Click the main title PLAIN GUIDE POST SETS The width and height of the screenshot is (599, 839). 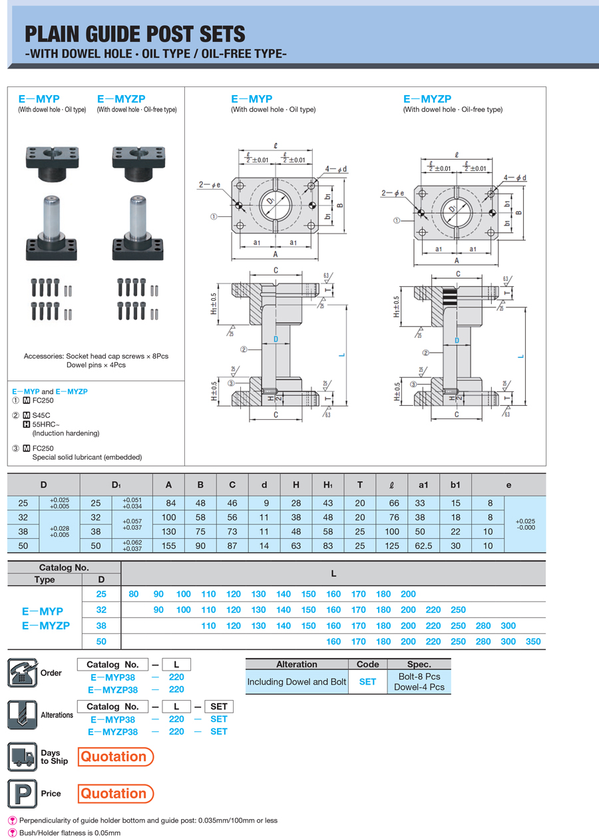[x=134, y=35]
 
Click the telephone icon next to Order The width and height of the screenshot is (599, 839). [x=22, y=672]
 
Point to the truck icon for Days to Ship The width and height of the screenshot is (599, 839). [x=22, y=756]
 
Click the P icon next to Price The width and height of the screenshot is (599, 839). [x=22, y=793]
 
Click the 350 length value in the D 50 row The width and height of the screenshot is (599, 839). [x=533, y=642]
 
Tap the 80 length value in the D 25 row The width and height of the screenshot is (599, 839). [x=134, y=594]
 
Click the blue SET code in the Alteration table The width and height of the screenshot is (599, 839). [x=367, y=682]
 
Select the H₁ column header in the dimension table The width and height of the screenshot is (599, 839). [x=328, y=485]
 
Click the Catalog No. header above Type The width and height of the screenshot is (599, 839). [x=64, y=568]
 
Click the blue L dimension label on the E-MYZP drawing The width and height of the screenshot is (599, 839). [x=520, y=356]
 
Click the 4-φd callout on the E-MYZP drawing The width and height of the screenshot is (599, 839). [x=515, y=178]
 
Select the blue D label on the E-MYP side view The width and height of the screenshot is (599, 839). [x=276, y=339]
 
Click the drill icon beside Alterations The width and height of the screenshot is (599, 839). [x=22, y=715]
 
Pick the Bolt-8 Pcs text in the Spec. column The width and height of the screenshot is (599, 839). [x=419, y=676]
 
